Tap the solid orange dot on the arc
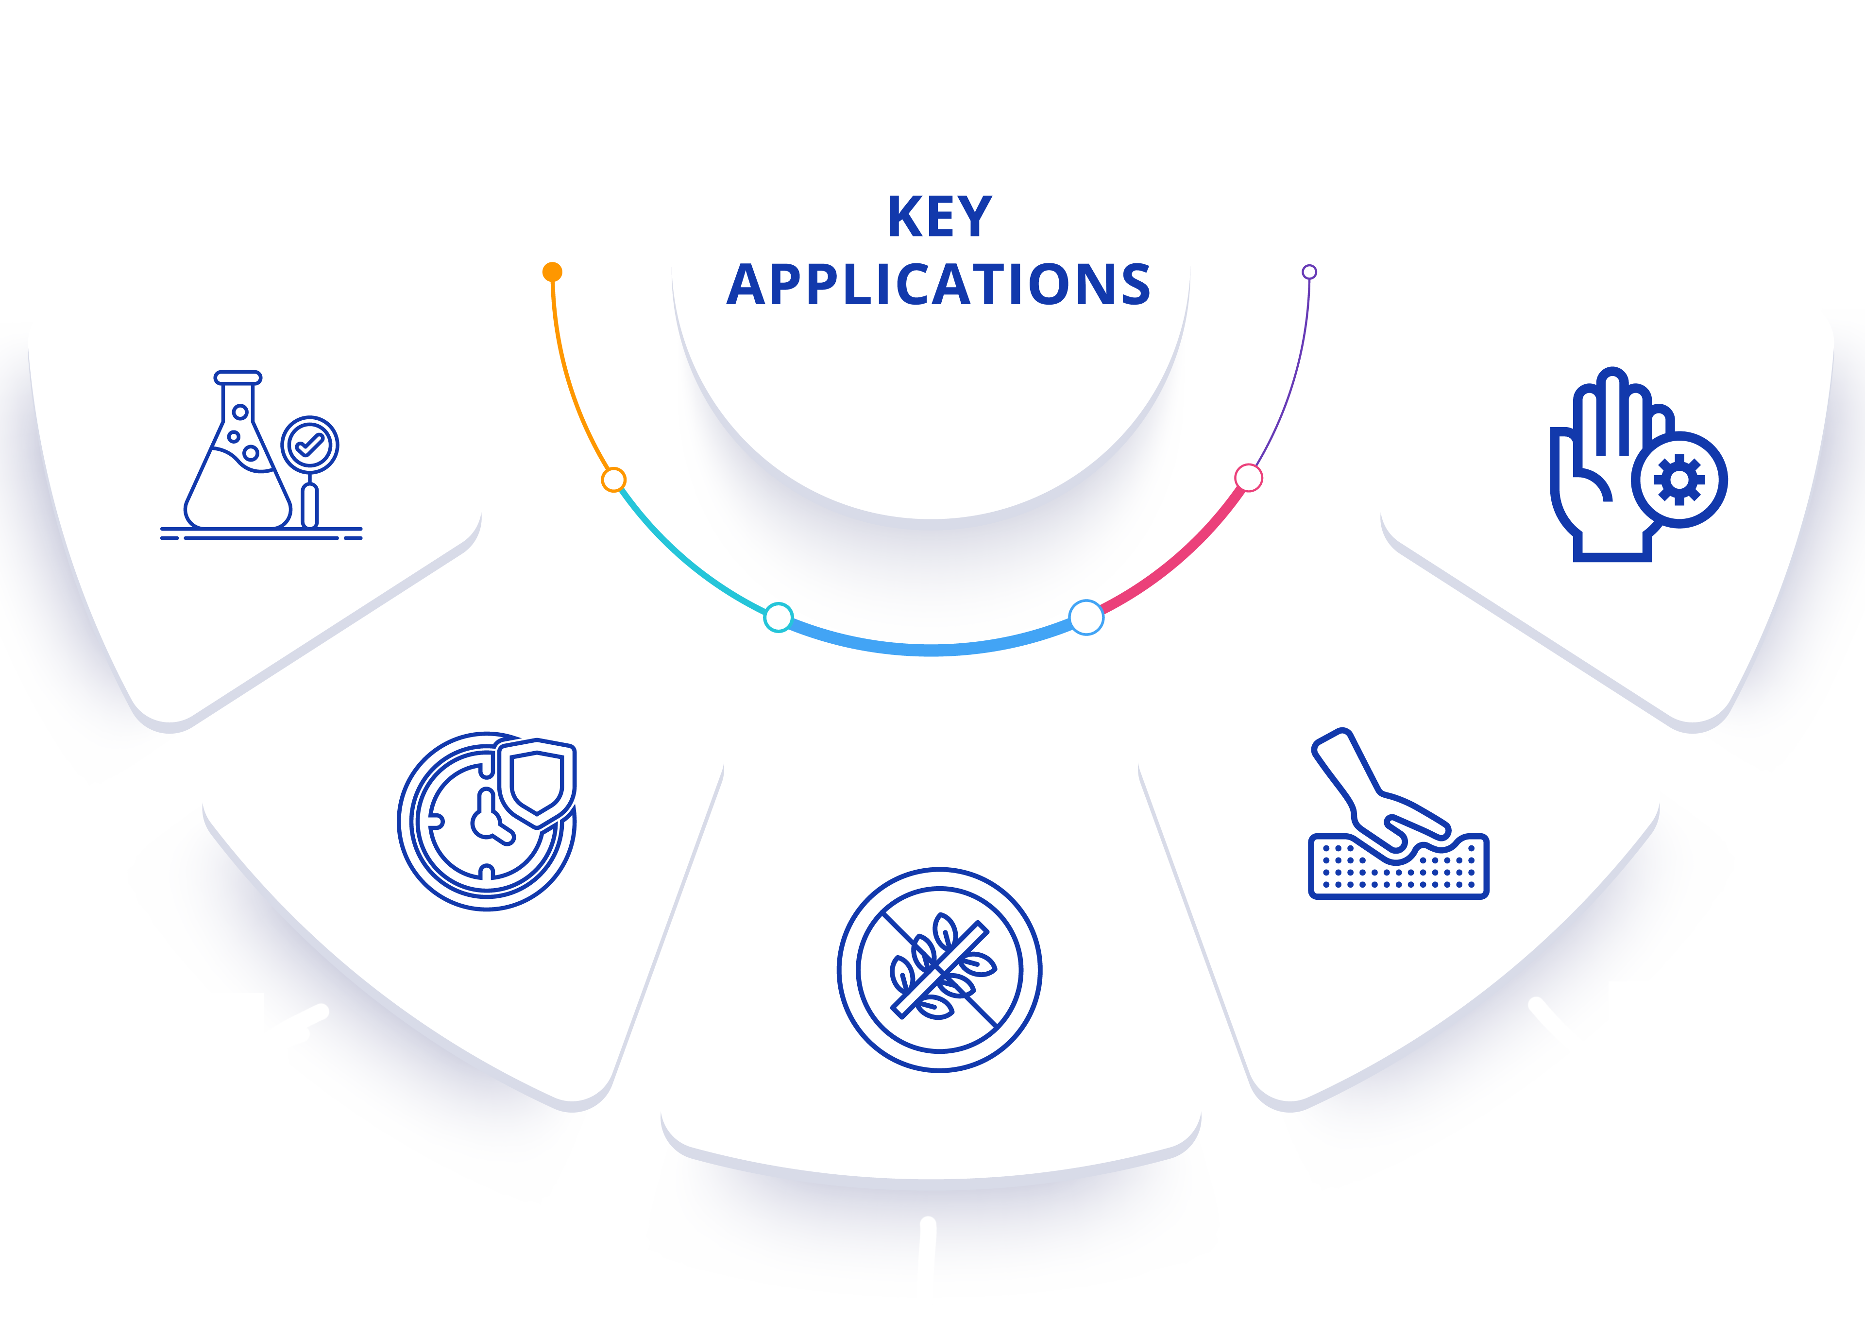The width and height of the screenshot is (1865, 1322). coord(553,272)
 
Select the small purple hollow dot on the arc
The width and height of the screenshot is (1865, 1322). coord(1309,272)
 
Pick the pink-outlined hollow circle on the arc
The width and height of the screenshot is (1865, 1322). coord(1248,478)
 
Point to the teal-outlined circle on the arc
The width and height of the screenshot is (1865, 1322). coord(778,617)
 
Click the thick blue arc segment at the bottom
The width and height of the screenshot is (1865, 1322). coord(932,650)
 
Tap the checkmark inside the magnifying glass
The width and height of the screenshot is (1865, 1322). coord(309,445)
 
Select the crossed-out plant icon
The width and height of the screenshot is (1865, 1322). coord(940,970)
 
